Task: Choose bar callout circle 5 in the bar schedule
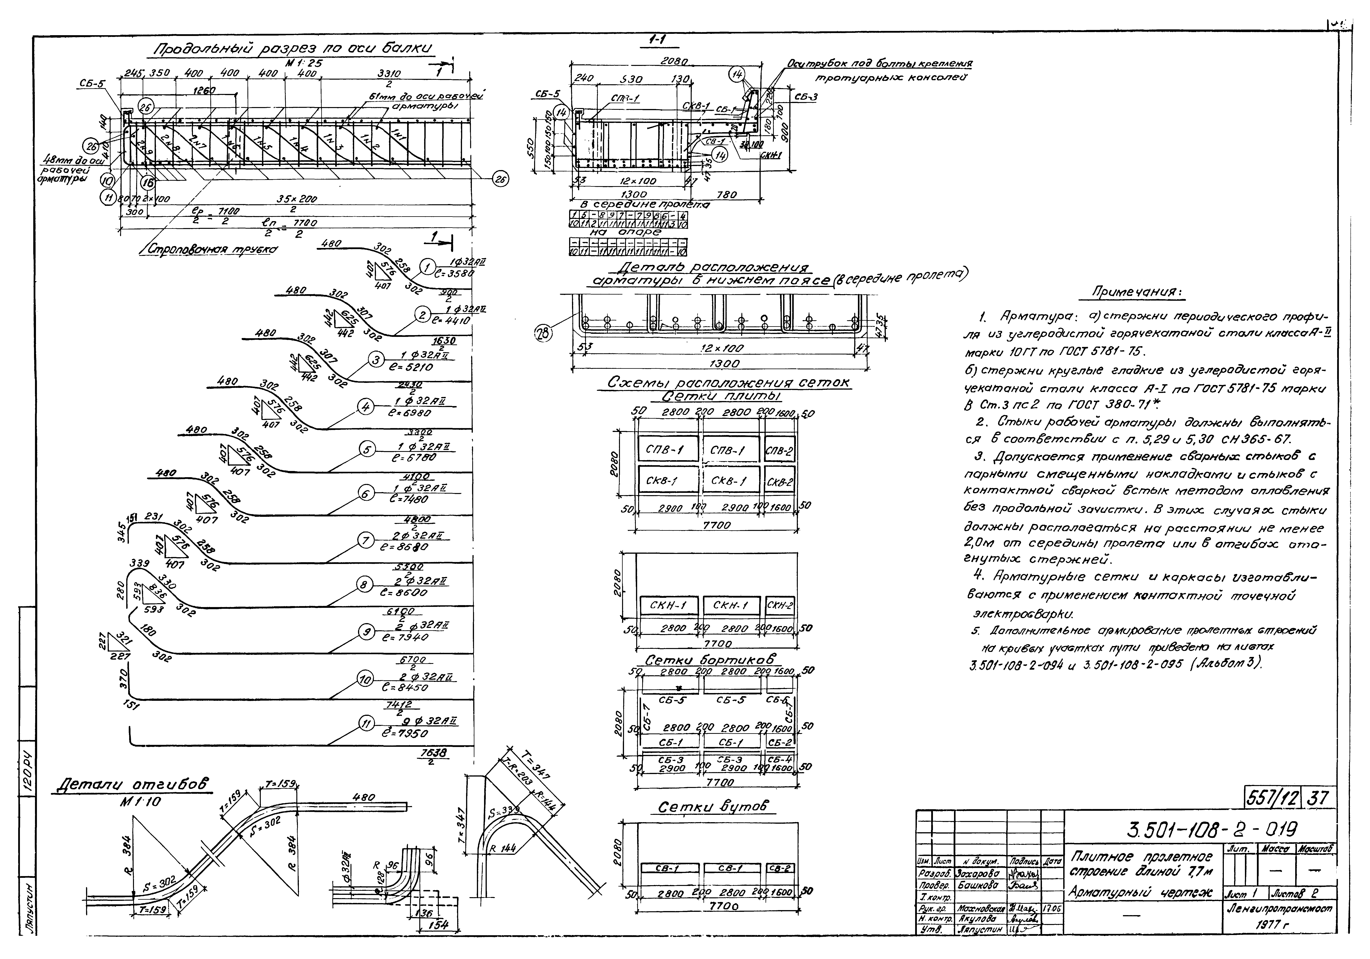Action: tap(366, 449)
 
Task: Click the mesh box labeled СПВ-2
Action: tap(779, 451)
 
